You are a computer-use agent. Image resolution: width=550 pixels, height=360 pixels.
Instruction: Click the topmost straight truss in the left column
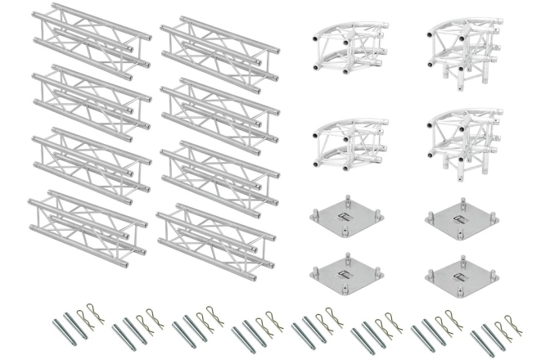coord(91,39)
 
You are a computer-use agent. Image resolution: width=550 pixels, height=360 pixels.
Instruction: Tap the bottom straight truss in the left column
coord(87,223)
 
